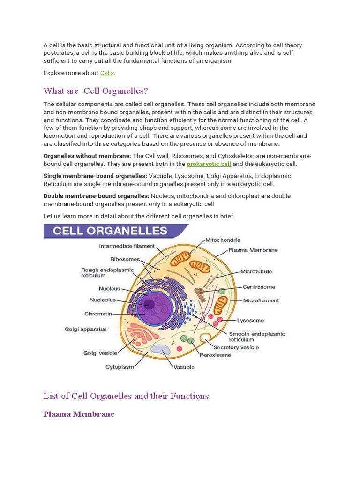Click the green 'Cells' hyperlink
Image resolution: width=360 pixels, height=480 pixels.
[x=107, y=73]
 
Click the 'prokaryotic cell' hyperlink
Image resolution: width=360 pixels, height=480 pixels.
[x=209, y=164]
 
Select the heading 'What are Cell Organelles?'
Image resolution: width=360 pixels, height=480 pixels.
[x=96, y=90]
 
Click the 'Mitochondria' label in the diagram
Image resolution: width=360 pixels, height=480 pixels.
[x=223, y=240]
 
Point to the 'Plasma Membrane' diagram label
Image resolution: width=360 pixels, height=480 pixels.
[x=253, y=250]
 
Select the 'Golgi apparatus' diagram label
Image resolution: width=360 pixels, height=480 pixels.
[x=86, y=330]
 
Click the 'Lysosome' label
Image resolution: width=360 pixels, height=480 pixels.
[x=250, y=321]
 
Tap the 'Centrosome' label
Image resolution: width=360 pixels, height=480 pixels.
[x=258, y=287]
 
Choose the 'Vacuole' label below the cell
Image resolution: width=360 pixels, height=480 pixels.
[x=184, y=367]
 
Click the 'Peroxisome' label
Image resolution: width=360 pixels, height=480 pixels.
[x=215, y=355]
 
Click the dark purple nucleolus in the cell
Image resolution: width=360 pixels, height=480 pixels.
[x=149, y=305]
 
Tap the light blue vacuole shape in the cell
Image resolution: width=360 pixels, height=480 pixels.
[x=160, y=350]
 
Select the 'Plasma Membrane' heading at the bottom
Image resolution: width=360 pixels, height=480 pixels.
[x=79, y=414]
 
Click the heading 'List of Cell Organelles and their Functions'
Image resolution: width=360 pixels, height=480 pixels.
[x=126, y=396]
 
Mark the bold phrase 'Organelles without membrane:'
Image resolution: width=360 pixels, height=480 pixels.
[x=87, y=156]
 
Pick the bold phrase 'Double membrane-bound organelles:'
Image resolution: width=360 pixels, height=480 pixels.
[x=97, y=196]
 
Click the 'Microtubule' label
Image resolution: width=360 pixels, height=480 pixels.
[x=256, y=271]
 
